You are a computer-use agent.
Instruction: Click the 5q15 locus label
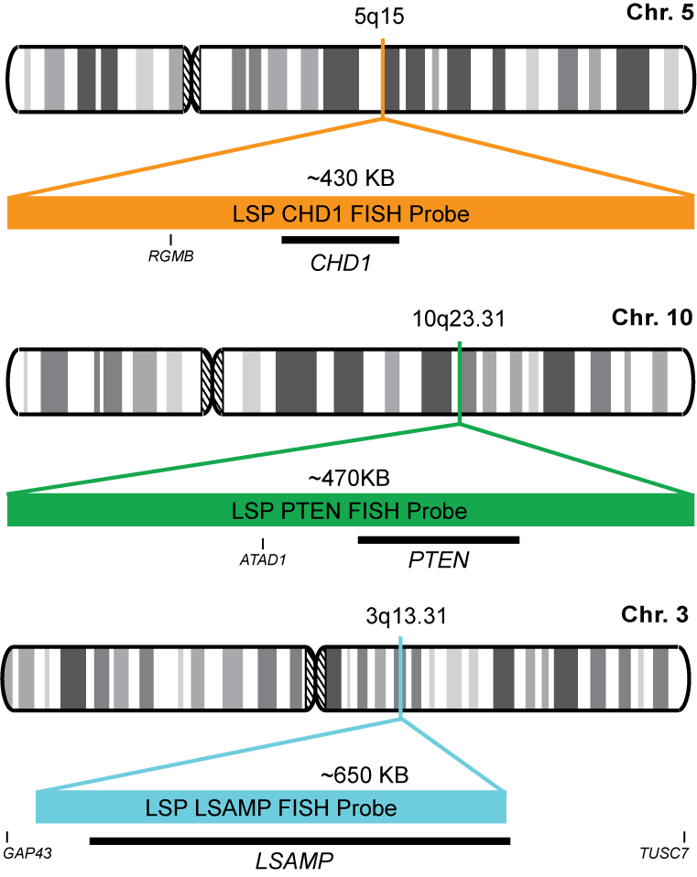[x=379, y=16]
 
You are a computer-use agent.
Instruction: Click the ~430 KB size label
[x=354, y=179]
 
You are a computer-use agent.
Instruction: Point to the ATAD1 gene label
[x=263, y=557]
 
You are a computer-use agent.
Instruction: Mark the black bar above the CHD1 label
[x=341, y=240]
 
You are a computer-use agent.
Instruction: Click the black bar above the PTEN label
[x=439, y=539]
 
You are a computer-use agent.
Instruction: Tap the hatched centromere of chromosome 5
[x=191, y=81]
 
